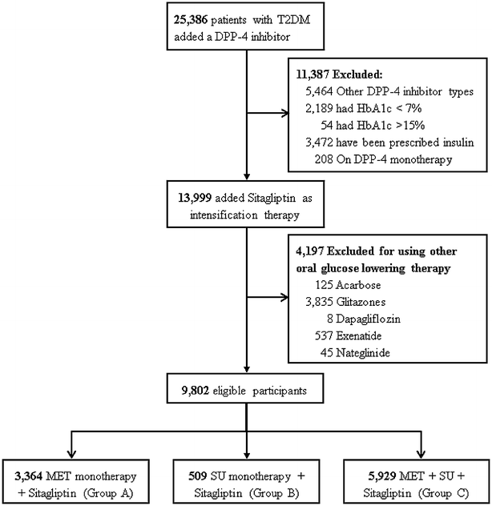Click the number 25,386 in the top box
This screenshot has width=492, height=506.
click(x=187, y=14)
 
